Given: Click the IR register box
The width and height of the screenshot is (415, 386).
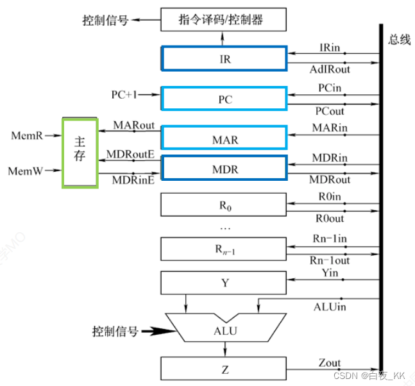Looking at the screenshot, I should click(223, 59).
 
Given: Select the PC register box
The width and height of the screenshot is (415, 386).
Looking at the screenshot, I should click(223, 99).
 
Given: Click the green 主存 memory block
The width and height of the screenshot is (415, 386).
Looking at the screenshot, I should click(79, 152).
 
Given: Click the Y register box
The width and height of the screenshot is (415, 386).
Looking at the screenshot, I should click(223, 282).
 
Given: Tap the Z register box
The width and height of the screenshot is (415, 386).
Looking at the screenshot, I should click(223, 369).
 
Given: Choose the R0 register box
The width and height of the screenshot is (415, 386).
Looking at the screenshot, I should click(223, 205).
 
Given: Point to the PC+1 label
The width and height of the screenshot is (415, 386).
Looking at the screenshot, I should click(124, 94).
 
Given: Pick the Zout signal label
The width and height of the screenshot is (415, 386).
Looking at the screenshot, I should click(329, 363).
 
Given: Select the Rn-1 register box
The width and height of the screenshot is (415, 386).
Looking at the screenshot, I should click(223, 248).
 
